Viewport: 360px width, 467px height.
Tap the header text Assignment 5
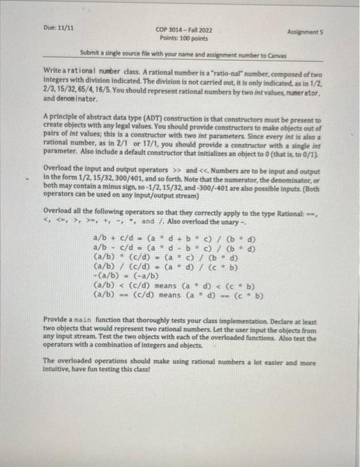click(x=305, y=31)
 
